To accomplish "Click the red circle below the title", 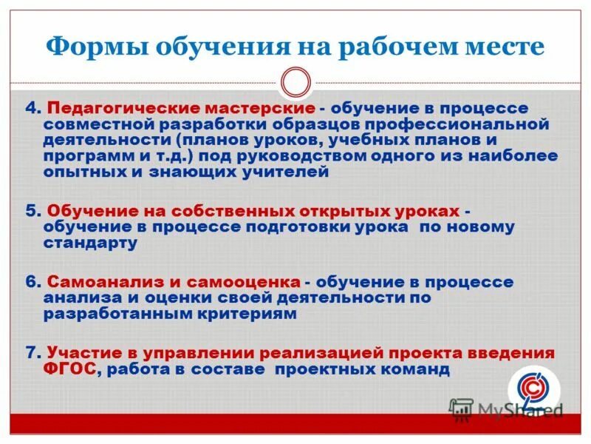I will pos(295,81).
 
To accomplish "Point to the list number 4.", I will pos(31,108).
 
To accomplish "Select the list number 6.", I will pos(31,282).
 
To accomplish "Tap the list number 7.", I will pos(31,351).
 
